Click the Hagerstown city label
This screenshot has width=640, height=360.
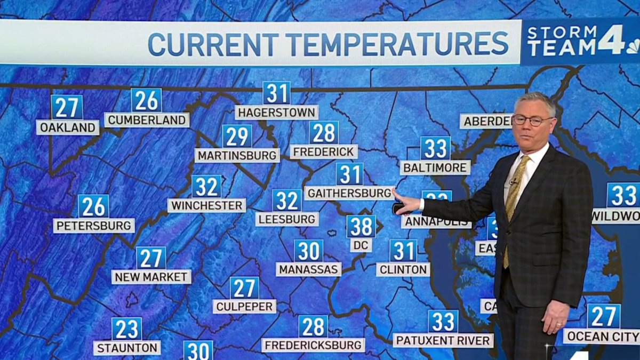(x=276, y=113)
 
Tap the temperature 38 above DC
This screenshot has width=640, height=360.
(x=361, y=227)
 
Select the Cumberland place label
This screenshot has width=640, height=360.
(x=147, y=120)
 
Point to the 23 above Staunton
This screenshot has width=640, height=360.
(x=126, y=329)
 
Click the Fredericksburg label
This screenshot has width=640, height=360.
(x=313, y=345)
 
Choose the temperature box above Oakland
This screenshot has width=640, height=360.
(x=67, y=107)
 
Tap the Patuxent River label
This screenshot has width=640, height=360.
(x=443, y=340)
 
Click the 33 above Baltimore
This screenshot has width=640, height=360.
(x=435, y=149)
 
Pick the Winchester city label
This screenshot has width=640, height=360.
(x=206, y=205)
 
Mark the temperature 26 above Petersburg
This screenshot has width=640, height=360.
(x=93, y=206)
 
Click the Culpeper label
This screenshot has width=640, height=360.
(x=244, y=306)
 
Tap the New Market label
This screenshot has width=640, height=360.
(x=151, y=277)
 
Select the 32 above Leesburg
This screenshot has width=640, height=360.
(x=287, y=201)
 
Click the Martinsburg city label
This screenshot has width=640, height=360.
(x=237, y=155)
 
